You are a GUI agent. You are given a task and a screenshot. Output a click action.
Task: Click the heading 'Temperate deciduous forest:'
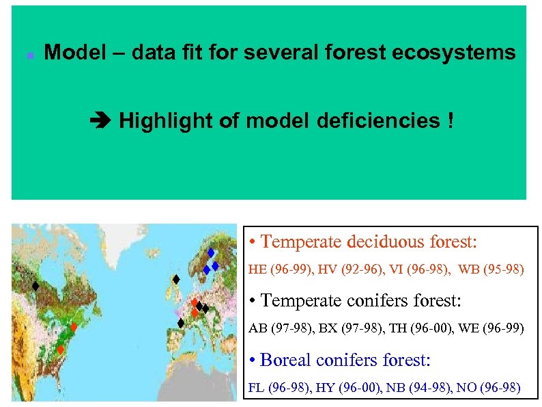point(362,241)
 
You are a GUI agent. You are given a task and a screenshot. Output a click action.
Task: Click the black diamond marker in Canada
point(34,286)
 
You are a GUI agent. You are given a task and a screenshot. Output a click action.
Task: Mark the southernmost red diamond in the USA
point(60,350)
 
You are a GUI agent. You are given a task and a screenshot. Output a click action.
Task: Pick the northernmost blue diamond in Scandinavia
point(211,252)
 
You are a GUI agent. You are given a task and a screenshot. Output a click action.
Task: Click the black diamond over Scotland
point(175,279)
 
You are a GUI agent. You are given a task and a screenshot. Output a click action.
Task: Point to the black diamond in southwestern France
point(181,323)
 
